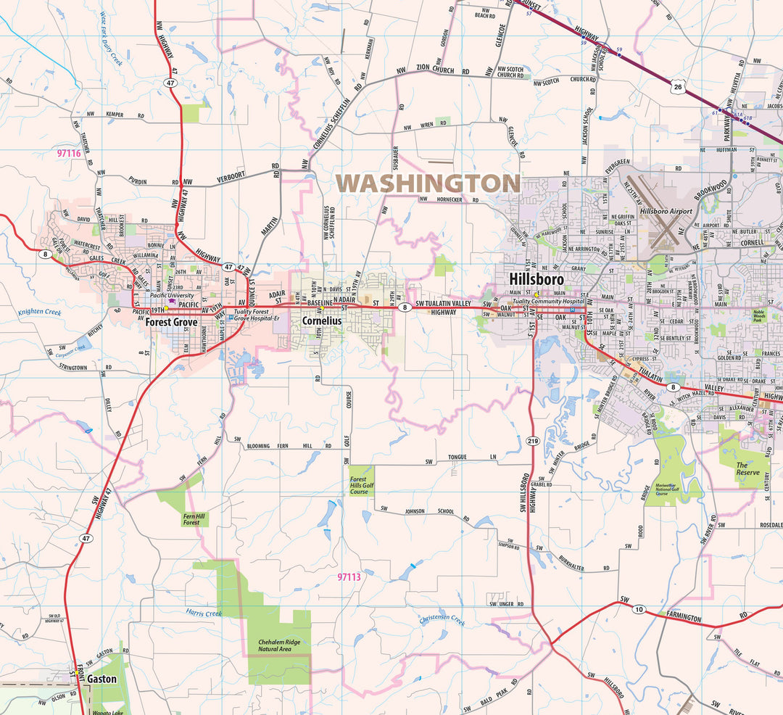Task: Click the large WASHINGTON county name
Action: click(428, 183)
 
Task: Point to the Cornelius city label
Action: click(321, 320)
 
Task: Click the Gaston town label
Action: click(101, 679)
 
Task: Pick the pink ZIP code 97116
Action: click(69, 153)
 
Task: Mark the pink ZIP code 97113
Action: click(349, 577)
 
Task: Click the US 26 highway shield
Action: click(677, 88)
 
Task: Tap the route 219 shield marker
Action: click(533, 440)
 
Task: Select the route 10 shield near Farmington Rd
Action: click(638, 608)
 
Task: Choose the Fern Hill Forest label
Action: click(191, 518)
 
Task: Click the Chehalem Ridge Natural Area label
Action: click(279, 645)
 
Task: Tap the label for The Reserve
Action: click(747, 468)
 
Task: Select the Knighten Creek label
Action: click(40, 313)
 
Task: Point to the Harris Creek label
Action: click(203, 613)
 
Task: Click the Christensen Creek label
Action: click(442, 619)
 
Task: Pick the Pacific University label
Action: click(172, 296)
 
